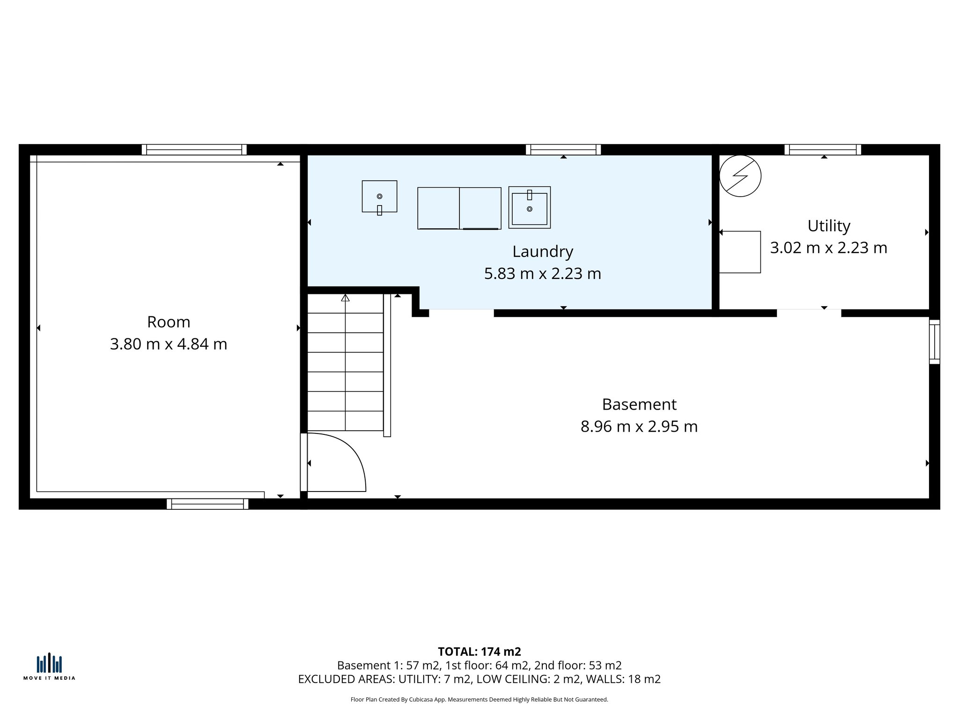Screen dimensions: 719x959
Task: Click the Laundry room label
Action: click(x=542, y=252)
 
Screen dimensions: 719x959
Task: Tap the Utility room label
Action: click(x=828, y=226)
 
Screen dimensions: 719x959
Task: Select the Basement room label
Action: click(x=639, y=404)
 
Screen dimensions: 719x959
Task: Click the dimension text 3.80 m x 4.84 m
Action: click(x=169, y=344)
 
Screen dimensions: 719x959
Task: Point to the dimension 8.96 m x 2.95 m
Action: click(x=639, y=426)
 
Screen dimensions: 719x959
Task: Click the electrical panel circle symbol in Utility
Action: click(x=740, y=176)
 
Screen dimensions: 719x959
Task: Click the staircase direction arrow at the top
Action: click(x=345, y=298)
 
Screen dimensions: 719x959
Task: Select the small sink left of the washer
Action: click(x=379, y=197)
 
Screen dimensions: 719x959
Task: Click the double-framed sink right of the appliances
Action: click(x=529, y=207)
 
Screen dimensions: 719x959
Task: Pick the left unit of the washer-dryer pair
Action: click(x=438, y=208)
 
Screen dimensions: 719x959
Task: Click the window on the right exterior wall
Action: click(x=934, y=342)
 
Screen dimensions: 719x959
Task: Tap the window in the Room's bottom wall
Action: click(x=207, y=504)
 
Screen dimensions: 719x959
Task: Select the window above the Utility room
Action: click(x=823, y=149)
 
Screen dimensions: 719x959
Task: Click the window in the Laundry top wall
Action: click(x=563, y=149)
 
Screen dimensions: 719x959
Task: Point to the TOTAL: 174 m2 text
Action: click(x=479, y=652)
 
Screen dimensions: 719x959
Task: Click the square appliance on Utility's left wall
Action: click(x=740, y=252)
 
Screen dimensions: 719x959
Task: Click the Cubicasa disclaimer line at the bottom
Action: click(x=479, y=700)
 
